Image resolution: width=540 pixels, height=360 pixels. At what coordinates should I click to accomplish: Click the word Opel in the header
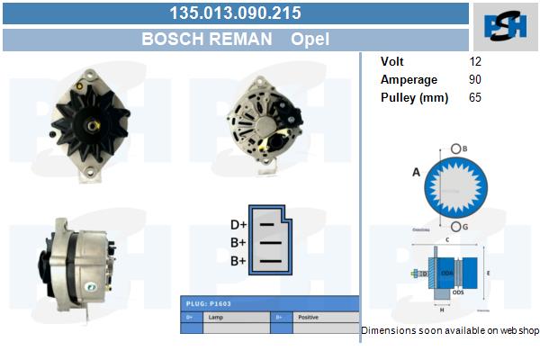tap(310, 40)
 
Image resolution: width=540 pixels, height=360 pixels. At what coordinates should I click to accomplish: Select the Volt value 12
tap(475, 62)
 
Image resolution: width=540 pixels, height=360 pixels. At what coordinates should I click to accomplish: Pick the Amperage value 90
tap(475, 80)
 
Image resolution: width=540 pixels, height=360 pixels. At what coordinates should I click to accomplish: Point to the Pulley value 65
tap(475, 97)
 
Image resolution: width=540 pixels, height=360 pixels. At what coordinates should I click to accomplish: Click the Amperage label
tap(409, 80)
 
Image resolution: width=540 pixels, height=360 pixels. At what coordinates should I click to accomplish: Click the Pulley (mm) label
tap(414, 97)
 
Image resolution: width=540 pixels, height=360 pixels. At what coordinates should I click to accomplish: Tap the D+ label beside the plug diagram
tap(238, 225)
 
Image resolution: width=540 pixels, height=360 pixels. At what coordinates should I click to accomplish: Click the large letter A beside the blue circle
tap(416, 172)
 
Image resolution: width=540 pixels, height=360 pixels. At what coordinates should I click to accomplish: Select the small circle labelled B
tap(457, 148)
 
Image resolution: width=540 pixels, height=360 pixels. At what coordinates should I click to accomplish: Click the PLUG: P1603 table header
tap(208, 304)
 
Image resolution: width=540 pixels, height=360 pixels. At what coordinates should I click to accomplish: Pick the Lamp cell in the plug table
tap(216, 318)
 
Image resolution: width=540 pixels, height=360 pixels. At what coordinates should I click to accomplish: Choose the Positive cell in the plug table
tap(310, 318)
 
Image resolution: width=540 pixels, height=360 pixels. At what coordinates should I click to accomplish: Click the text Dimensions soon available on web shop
tap(450, 331)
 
